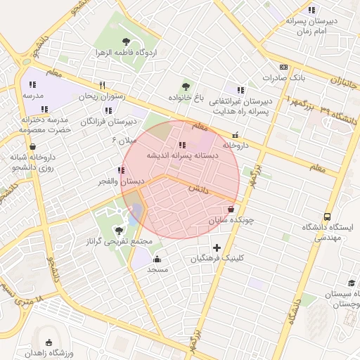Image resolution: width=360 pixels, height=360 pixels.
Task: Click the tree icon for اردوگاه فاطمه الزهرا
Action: click(x=126, y=41)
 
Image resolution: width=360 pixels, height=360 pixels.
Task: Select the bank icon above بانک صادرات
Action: click(x=283, y=66)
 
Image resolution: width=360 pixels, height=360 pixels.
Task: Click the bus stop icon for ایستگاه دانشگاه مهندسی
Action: click(x=327, y=217)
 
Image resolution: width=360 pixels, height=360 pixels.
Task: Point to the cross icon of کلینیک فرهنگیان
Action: click(x=217, y=247)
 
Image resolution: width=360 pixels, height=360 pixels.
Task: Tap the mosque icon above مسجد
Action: click(x=156, y=259)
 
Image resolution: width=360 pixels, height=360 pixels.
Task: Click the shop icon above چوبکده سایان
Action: click(x=231, y=210)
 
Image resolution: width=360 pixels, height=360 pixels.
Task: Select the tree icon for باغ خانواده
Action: click(x=186, y=86)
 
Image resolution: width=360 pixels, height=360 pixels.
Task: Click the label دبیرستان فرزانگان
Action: click(x=108, y=122)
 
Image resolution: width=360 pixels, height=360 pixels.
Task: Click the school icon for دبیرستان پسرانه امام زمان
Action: click(x=311, y=10)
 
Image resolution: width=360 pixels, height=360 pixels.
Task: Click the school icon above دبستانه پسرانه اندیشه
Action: click(x=184, y=144)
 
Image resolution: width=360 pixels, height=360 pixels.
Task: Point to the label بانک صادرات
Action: click(x=283, y=77)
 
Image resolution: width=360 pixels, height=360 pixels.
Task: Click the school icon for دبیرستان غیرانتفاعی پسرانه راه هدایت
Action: click(x=240, y=90)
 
